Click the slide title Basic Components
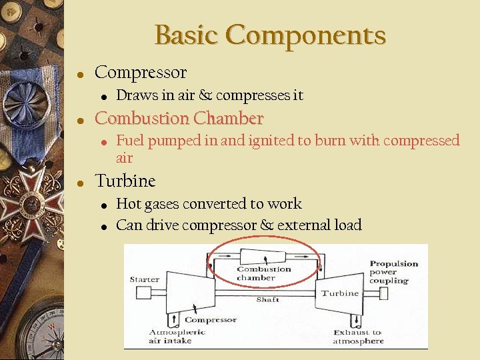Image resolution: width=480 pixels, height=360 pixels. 270,35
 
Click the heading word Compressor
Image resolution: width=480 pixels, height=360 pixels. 141,72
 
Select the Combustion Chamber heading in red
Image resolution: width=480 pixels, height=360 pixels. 179,119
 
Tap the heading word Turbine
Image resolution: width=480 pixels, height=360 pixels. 125,181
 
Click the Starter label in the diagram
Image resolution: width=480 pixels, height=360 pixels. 144,279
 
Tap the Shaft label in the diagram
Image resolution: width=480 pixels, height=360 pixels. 267,299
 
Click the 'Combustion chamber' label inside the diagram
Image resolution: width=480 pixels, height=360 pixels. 264,273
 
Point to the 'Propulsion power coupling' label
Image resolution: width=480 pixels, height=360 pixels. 393,272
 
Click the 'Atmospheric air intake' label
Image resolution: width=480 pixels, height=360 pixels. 170,336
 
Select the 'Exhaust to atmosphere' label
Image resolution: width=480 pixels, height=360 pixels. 358,336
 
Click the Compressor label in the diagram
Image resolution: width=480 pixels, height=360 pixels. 210,320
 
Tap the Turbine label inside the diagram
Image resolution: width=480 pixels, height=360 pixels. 339,293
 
